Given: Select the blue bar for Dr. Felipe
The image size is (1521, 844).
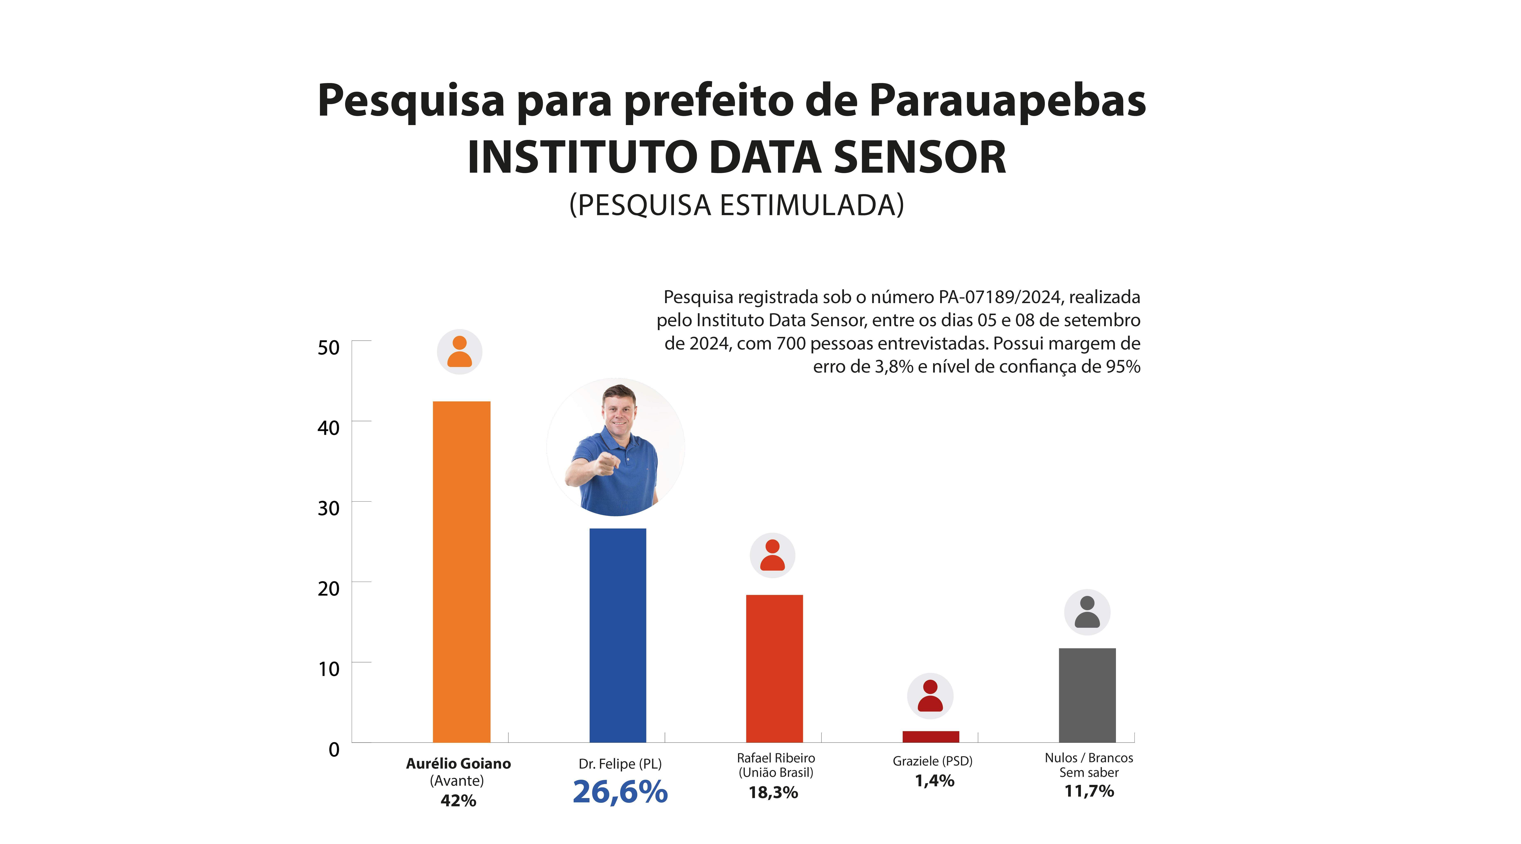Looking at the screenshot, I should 618,635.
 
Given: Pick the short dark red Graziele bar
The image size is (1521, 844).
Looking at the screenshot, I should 930,736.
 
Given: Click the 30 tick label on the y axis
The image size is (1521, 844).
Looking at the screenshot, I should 328,508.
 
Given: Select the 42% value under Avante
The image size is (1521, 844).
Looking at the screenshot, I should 458,800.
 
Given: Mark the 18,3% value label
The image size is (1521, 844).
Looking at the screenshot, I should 773,792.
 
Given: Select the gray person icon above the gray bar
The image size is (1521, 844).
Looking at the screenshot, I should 1087,612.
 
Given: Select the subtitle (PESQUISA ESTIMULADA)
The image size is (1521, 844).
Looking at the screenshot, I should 736,205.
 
